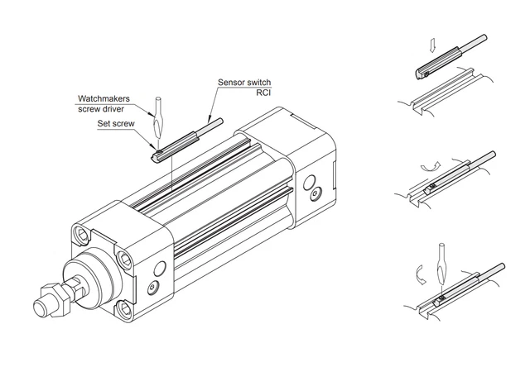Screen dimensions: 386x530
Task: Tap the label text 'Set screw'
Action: pos(116,123)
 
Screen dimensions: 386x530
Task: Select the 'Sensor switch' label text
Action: pos(244,83)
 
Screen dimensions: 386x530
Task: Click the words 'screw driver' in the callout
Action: pos(104,108)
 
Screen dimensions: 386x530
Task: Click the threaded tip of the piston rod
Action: pos(41,309)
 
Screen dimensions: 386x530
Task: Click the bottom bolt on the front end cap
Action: pos(124,309)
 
